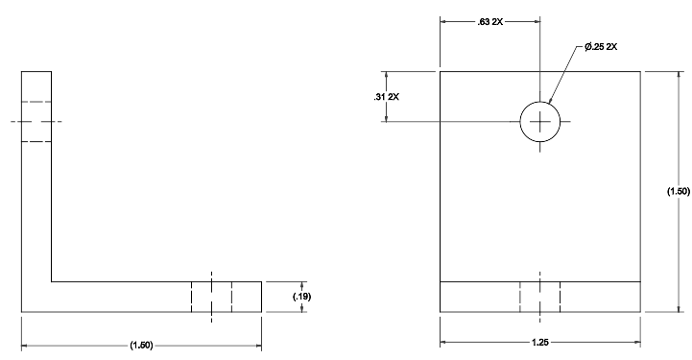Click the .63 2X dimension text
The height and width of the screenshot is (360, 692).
(489, 22)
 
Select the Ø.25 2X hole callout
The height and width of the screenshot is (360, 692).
(601, 47)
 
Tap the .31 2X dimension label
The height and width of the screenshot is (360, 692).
(386, 97)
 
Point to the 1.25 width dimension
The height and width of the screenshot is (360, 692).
(540, 342)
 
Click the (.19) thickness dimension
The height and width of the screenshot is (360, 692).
(302, 297)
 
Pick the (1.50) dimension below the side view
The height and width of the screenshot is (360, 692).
(141, 345)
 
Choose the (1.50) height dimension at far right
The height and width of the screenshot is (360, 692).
(679, 191)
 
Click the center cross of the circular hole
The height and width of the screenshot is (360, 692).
(540, 122)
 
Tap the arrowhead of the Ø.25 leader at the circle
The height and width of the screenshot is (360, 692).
(549, 102)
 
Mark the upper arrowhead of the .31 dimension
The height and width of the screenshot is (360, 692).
(387, 74)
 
